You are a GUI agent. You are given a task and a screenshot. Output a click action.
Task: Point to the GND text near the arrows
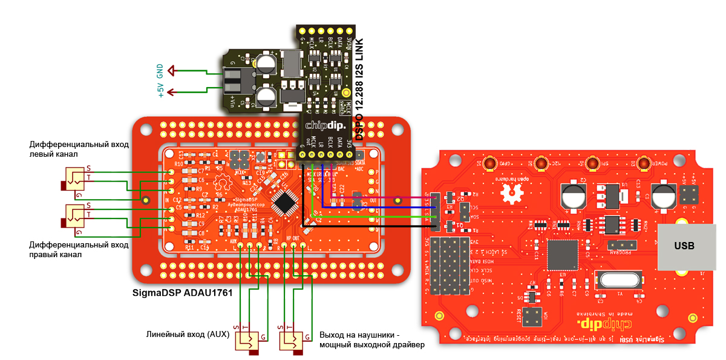(x=160, y=71)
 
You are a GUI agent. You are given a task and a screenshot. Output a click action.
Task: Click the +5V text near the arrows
(x=160, y=90)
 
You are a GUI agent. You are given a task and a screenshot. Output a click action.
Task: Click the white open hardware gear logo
(x=514, y=193)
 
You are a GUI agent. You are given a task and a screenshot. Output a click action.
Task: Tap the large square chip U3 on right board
(x=563, y=255)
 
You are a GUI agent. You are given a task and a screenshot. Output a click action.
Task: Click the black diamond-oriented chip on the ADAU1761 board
(x=284, y=203)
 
